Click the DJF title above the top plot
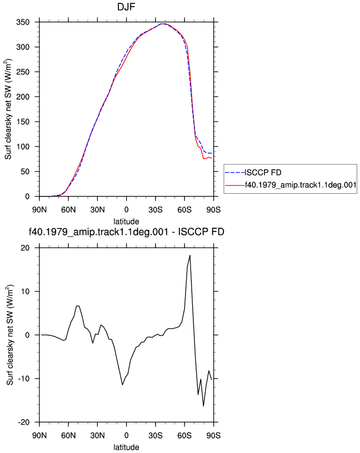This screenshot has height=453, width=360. pyautogui.click(x=126, y=6)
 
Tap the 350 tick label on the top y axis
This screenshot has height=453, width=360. pyautogui.click(x=23, y=22)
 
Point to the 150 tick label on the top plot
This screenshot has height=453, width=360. pyautogui.click(x=23, y=122)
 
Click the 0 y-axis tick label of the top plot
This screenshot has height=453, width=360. pyautogui.click(x=27, y=197)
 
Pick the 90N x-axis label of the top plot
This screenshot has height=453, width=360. pyautogui.click(x=39, y=210)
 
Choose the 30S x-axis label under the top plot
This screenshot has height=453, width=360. pyautogui.click(x=156, y=210)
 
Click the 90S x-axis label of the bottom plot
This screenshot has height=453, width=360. pyautogui.click(x=213, y=435)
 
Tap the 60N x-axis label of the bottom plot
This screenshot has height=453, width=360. pyautogui.click(x=68, y=435)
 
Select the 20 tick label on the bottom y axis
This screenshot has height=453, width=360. pyautogui.click(x=25, y=248)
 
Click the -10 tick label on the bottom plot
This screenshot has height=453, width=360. pyautogui.click(x=24, y=379)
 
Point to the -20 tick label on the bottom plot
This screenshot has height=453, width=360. pyautogui.click(x=24, y=422)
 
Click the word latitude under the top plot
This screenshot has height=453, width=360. pyautogui.click(x=126, y=222)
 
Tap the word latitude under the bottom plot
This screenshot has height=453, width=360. pyautogui.click(x=126, y=447)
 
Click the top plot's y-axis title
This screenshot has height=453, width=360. pyautogui.click(x=8, y=109)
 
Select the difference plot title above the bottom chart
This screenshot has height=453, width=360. pyautogui.click(x=126, y=231)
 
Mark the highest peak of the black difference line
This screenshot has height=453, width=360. pyautogui.click(x=190, y=255)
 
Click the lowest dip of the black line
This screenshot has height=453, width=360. pyautogui.click(x=203, y=406)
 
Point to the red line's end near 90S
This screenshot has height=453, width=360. pyautogui.click(x=212, y=158)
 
